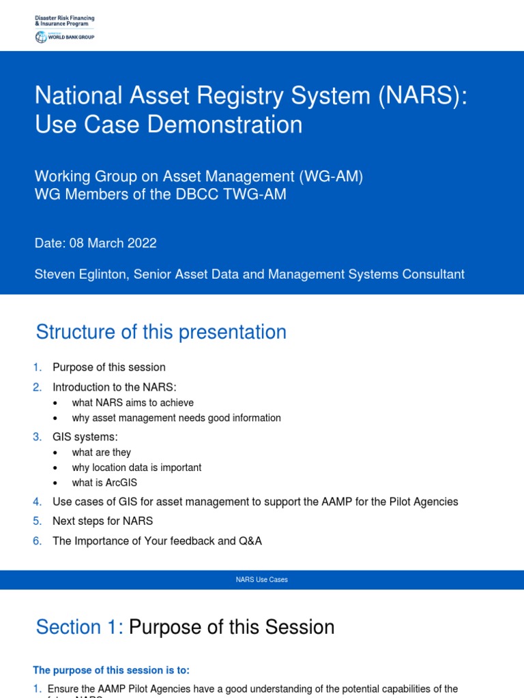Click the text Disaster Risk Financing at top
pyautogui.click(x=65, y=17)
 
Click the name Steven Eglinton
pyautogui.click(x=81, y=274)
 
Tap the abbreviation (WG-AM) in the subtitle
pyautogui.click(x=330, y=176)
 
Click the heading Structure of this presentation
pyautogui.click(x=161, y=332)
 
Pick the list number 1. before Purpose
pyautogui.click(x=38, y=367)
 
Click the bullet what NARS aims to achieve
pyautogui.click(x=132, y=403)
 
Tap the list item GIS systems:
pyautogui.click(x=85, y=436)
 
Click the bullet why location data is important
pyautogui.click(x=136, y=468)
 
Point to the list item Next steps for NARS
pyautogui.click(x=102, y=521)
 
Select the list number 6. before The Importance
pyautogui.click(x=38, y=541)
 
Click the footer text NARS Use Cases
pyautogui.click(x=261, y=579)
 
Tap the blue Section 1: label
pyautogui.click(x=79, y=627)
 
